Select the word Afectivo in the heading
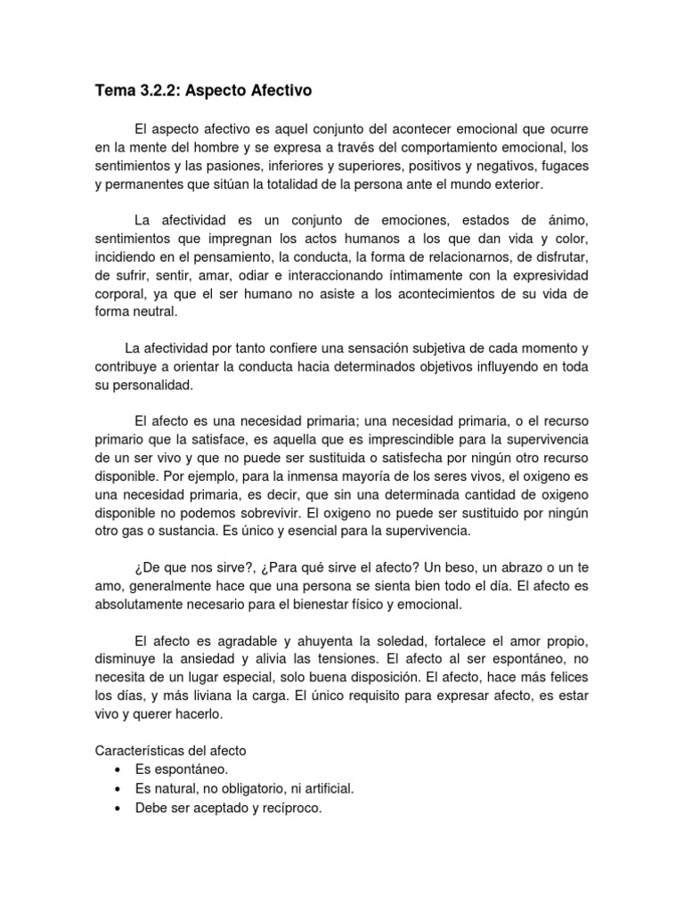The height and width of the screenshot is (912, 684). (x=279, y=90)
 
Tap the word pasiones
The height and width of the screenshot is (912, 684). (x=253, y=167)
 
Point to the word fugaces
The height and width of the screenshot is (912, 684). (x=561, y=167)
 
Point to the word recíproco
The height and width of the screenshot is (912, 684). (x=287, y=808)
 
